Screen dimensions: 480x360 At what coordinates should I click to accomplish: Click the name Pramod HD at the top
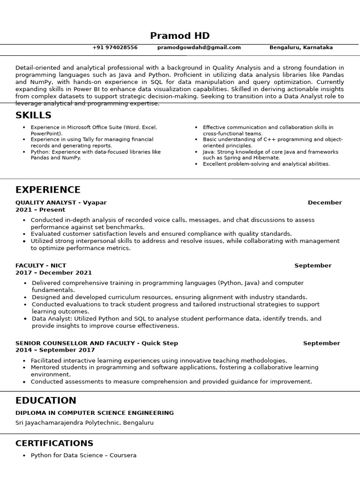click(180, 36)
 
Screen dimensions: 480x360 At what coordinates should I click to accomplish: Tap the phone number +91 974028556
click(115, 47)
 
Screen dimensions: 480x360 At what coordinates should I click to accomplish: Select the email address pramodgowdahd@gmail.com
click(199, 47)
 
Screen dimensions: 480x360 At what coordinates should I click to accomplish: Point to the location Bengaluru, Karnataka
click(301, 47)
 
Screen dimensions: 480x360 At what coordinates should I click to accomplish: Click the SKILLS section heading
click(33, 115)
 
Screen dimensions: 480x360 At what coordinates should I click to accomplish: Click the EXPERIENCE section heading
click(48, 190)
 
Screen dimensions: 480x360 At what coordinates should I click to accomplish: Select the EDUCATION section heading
click(45, 401)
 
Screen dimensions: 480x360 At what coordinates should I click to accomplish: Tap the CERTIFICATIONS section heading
click(54, 443)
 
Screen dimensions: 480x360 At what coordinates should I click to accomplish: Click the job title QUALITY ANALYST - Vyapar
click(61, 202)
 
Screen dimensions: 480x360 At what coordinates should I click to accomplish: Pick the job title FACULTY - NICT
click(41, 265)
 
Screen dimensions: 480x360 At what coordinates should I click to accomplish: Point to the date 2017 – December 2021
click(53, 272)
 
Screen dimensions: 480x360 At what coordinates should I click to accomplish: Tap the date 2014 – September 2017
click(55, 350)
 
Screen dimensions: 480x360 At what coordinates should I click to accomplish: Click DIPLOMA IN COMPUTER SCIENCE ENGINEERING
click(94, 413)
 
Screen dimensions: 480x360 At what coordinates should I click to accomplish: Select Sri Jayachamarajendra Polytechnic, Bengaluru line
click(84, 423)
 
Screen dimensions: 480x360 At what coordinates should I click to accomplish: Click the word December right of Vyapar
click(325, 202)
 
